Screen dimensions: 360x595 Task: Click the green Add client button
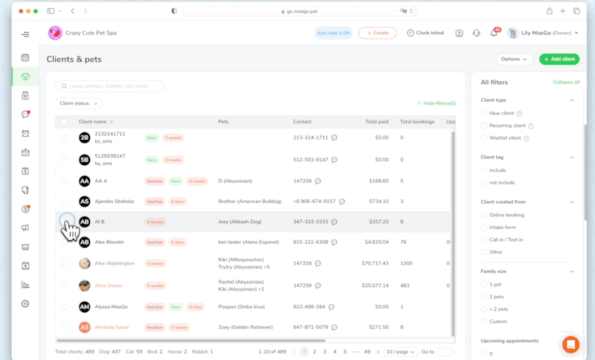coord(560,59)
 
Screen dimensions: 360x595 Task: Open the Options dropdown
coord(514,59)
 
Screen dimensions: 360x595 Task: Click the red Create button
coord(377,33)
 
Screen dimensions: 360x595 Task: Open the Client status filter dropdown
coord(79,103)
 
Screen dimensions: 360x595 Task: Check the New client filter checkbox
coord(484,113)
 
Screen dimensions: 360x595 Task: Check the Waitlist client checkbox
coord(484,138)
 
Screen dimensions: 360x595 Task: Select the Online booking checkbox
coord(484,215)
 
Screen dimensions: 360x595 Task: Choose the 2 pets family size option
coord(484,297)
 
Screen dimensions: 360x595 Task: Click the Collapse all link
coord(566,82)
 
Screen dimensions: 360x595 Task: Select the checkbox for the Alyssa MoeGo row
coord(64,306)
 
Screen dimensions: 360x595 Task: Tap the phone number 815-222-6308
coord(310,242)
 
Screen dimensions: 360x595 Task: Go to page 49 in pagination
coord(367,351)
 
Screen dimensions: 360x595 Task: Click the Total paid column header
coord(376,121)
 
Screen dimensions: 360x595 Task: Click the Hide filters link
coord(439,103)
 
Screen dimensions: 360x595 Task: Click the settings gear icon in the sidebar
coord(25,303)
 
